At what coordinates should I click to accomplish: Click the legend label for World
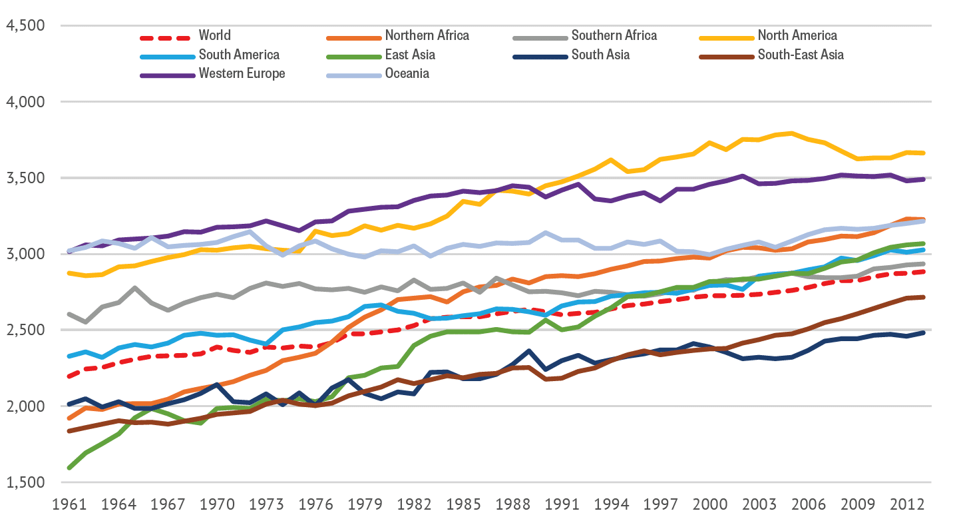[214, 35]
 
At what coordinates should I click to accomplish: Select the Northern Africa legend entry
[427, 35]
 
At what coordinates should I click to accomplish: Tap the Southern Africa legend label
[614, 35]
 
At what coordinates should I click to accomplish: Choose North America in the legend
[797, 35]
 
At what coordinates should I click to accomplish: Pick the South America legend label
[239, 55]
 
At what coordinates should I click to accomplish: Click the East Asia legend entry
[409, 55]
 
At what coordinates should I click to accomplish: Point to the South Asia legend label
[600, 55]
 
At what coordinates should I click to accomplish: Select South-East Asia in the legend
[801, 55]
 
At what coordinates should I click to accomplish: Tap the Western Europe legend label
[242, 73]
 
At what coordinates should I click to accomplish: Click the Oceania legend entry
[407, 73]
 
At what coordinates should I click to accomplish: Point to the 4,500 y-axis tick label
[24, 26]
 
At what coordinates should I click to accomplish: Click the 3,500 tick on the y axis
[24, 178]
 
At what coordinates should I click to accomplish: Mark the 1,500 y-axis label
[24, 482]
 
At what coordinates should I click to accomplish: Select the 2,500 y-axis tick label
[24, 330]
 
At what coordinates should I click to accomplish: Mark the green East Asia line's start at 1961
[71, 468]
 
